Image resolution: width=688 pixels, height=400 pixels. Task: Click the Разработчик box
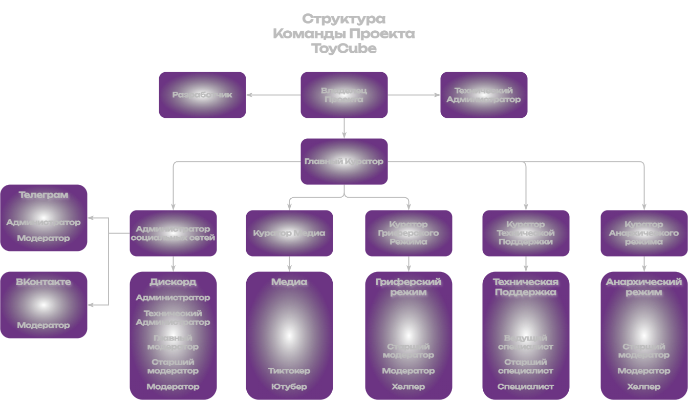click(x=202, y=95)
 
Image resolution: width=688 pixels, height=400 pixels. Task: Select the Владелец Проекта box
click(x=344, y=95)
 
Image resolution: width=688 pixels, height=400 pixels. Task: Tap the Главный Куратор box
click(x=344, y=161)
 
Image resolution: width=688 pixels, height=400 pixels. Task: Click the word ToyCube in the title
click(x=344, y=49)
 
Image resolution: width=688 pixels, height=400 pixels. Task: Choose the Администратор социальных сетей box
click(x=173, y=233)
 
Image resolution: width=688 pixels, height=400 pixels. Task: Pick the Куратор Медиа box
click(x=289, y=233)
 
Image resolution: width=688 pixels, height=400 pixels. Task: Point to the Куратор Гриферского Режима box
click(x=408, y=233)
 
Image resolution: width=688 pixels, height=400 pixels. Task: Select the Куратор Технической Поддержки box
click(x=526, y=233)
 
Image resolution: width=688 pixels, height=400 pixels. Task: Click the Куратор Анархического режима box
click(x=644, y=233)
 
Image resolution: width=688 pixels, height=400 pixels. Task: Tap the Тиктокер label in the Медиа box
click(x=289, y=371)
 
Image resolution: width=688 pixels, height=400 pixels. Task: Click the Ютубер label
click(x=289, y=387)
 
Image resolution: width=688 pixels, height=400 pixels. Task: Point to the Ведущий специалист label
click(x=526, y=342)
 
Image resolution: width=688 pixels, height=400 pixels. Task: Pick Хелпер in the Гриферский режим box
click(x=408, y=387)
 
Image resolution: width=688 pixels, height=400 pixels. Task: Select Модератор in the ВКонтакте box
click(x=44, y=325)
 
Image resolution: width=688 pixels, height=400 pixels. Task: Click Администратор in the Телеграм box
click(x=44, y=222)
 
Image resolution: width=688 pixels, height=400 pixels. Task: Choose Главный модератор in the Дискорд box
click(x=173, y=342)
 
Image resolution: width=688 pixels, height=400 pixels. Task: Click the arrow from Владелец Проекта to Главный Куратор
click(x=344, y=128)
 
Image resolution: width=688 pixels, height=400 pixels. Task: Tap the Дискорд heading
click(x=173, y=282)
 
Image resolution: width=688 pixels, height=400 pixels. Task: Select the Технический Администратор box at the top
click(x=484, y=95)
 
